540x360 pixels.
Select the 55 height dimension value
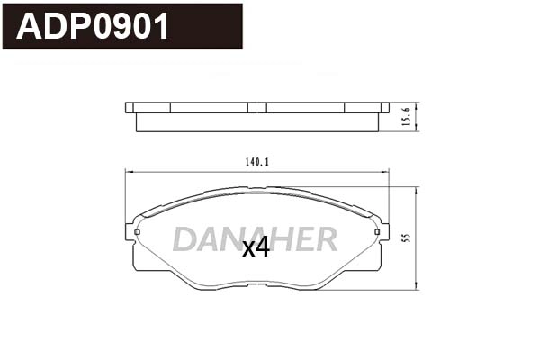click(408, 239)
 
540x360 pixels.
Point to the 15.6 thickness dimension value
click(407, 116)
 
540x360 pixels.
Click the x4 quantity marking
click(256, 247)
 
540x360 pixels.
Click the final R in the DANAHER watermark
click(326, 239)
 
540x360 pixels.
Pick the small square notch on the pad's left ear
click(137, 233)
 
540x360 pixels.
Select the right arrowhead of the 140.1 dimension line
click(389, 172)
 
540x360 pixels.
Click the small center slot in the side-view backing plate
click(257, 107)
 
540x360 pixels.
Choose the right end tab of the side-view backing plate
click(384, 107)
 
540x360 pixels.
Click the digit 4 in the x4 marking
click(263, 247)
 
